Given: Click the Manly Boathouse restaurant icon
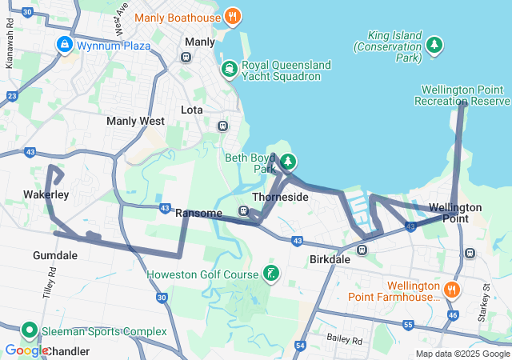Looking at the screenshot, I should click(x=232, y=16).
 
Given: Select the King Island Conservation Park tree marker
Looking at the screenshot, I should click(x=434, y=45).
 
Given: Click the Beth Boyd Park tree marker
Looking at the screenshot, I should click(x=287, y=162).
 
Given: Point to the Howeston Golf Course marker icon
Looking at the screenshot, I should click(x=271, y=274).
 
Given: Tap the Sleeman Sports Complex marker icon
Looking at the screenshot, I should click(x=30, y=330).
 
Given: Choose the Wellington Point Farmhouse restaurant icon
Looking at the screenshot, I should click(x=453, y=290).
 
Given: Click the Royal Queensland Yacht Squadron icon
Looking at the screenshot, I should click(x=230, y=70).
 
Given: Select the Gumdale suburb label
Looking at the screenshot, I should click(x=55, y=255).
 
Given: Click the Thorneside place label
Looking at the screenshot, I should click(x=280, y=197).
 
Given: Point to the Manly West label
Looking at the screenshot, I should click(x=135, y=121).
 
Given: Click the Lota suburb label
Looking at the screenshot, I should click(x=192, y=109).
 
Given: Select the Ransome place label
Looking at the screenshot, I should click(x=198, y=213).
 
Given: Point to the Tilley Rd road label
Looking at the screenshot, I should click(x=51, y=283).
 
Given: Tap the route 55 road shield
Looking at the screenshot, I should click(x=408, y=325).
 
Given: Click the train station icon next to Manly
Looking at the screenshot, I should click(x=186, y=57).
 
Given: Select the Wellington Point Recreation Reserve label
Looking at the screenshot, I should click(x=462, y=94).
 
